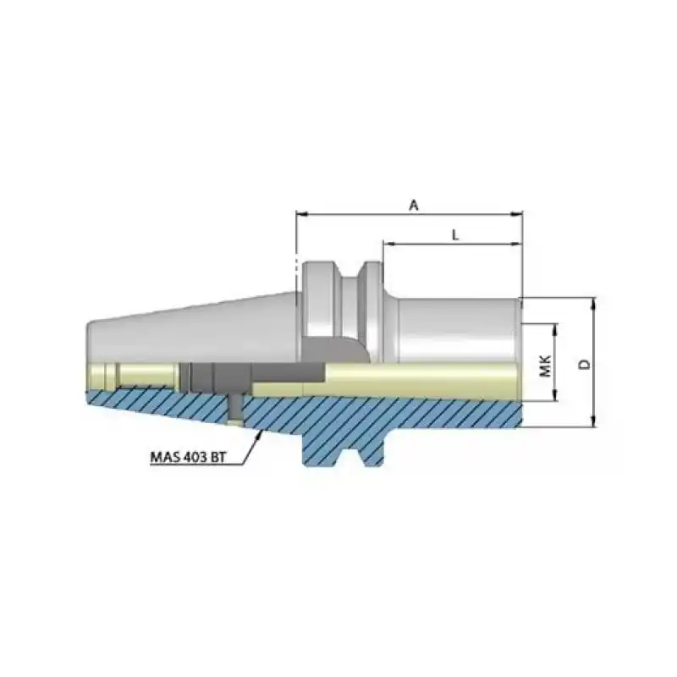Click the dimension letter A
413,205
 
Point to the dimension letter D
584,364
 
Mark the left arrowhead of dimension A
301,215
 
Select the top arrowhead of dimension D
595,303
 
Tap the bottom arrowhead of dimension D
595,422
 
